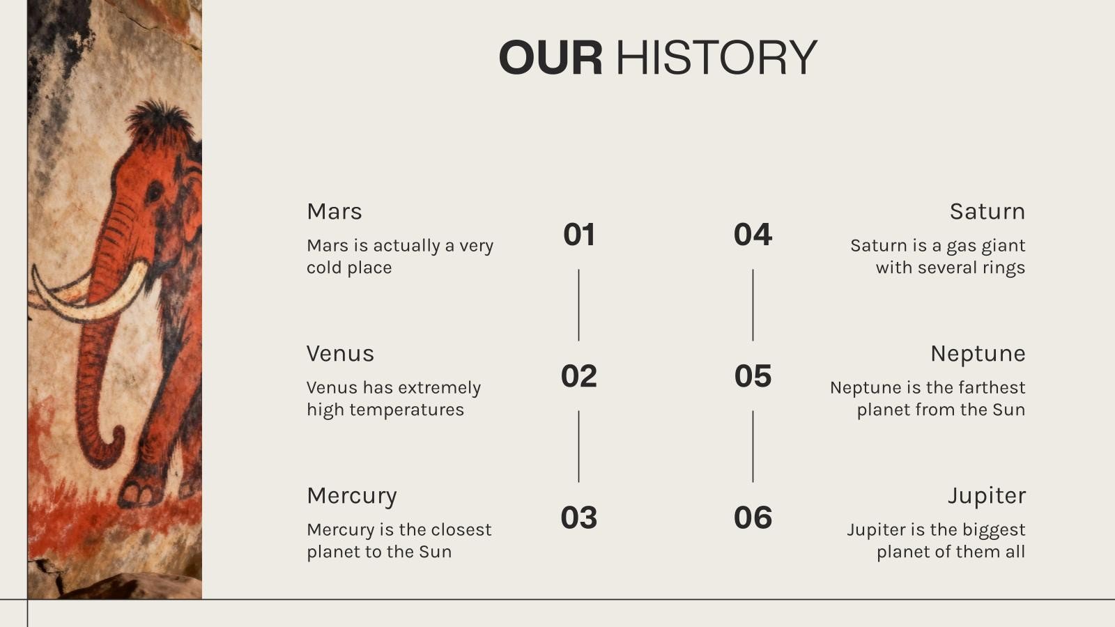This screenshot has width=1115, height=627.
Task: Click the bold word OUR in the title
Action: tap(551, 57)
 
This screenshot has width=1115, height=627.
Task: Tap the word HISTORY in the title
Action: tap(717, 57)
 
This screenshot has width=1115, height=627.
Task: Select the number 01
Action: tap(579, 234)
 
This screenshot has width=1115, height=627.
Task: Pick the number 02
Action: tap(579, 376)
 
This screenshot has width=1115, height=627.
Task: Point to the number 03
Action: tap(579, 518)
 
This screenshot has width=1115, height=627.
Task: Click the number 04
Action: tap(753, 234)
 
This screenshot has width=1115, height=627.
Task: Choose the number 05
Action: tap(753, 376)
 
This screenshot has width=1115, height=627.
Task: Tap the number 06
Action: tap(753, 518)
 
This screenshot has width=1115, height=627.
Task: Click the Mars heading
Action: tap(334, 212)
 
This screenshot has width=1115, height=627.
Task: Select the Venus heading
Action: tap(340, 354)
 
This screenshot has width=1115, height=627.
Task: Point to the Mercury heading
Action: tap(352, 497)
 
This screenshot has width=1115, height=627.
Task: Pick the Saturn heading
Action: tap(987, 212)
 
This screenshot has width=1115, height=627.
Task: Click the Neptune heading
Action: tap(978, 355)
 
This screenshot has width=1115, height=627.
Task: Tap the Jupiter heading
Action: tap(986, 497)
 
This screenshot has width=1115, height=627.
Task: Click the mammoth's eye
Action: tap(154, 192)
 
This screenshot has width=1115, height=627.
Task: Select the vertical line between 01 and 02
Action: tap(578, 305)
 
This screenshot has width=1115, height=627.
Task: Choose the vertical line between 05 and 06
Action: tap(753, 447)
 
